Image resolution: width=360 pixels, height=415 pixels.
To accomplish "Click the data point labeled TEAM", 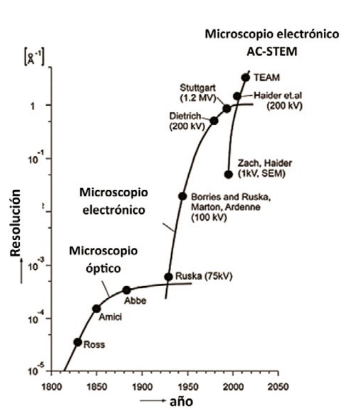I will tap(245, 77).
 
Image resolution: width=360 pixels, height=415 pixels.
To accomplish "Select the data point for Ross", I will tap(78, 342).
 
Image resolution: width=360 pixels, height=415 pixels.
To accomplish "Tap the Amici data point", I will tap(97, 309).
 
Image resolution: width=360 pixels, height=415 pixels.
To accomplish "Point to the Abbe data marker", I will tap(127, 290).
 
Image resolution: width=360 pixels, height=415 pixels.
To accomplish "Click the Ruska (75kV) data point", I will tap(168, 277).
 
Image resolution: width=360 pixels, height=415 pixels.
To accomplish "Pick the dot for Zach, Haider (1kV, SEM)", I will tap(228, 174).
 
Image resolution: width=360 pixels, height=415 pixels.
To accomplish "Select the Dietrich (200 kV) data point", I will tap(214, 121).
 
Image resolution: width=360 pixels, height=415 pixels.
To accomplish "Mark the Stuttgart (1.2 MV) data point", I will tap(227, 109).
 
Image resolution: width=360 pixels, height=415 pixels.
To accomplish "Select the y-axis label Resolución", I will tap(17, 224).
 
